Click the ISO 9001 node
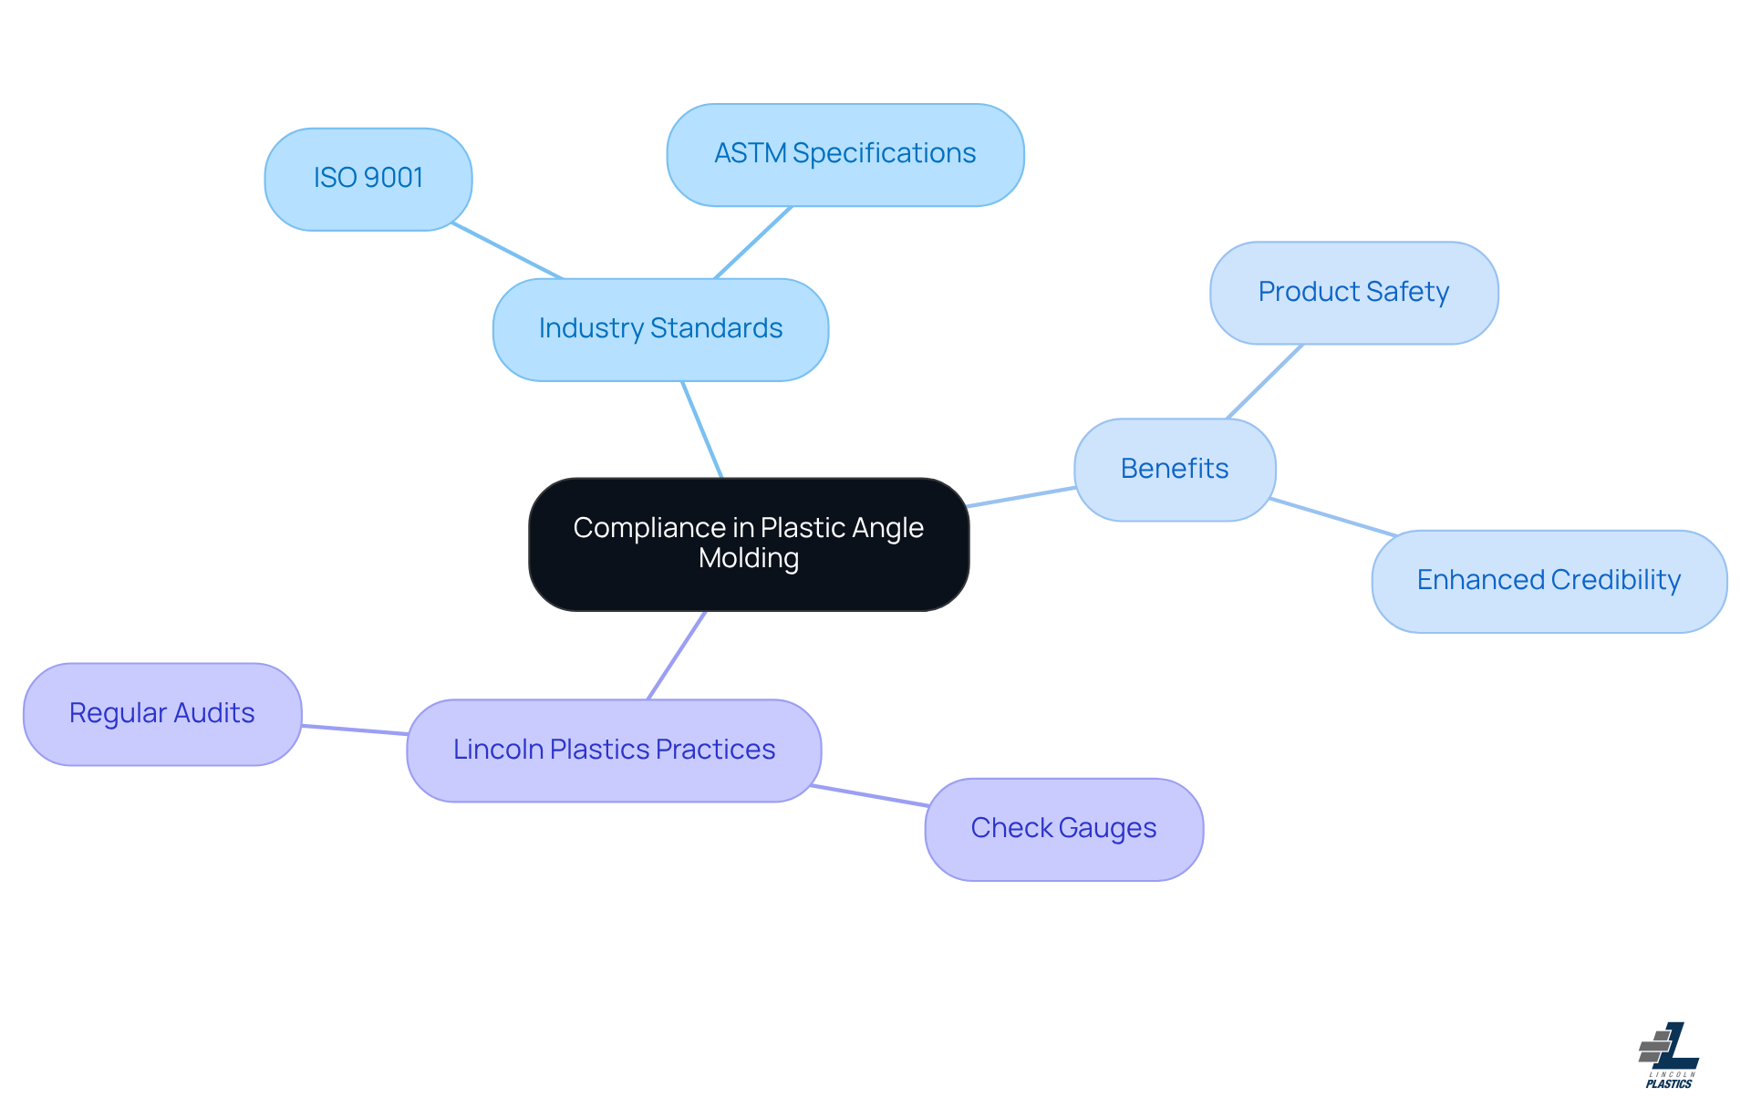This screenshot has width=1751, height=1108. coord(368,179)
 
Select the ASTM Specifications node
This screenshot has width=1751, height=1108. coord(844,154)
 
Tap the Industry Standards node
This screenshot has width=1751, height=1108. coord(660,329)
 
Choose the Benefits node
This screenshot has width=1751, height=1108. coord(1175,469)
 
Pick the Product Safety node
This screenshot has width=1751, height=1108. coord(1353,293)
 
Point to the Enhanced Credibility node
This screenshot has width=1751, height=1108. coord(1549,581)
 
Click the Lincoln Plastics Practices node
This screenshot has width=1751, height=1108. coord(614,750)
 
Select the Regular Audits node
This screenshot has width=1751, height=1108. coord(162,713)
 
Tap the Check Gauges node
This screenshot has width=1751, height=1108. coord(1063,828)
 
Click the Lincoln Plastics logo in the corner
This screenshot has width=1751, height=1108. coord(1669,1055)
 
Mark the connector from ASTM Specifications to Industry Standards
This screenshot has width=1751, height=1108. coord(753,243)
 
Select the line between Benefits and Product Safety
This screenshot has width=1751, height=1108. coord(1265,381)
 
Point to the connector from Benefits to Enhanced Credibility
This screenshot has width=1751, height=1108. coord(1332,517)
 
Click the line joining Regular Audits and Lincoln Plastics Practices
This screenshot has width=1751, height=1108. coord(354,730)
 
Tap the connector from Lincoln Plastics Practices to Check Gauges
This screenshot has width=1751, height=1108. coord(869,795)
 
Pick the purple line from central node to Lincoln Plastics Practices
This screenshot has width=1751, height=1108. coord(677,655)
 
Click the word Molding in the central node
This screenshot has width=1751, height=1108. coord(749,558)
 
